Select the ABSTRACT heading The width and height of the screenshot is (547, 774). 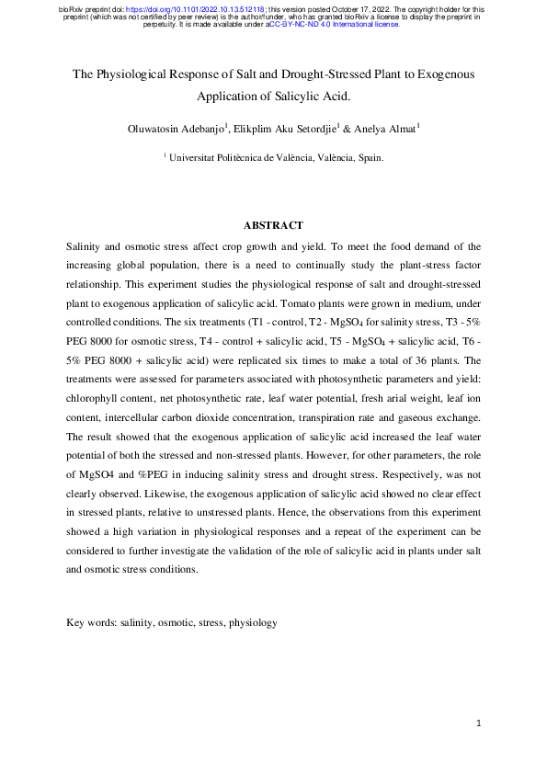[x=273, y=225]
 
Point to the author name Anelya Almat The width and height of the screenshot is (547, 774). [x=387, y=129]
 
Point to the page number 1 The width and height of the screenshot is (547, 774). [x=479, y=723]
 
